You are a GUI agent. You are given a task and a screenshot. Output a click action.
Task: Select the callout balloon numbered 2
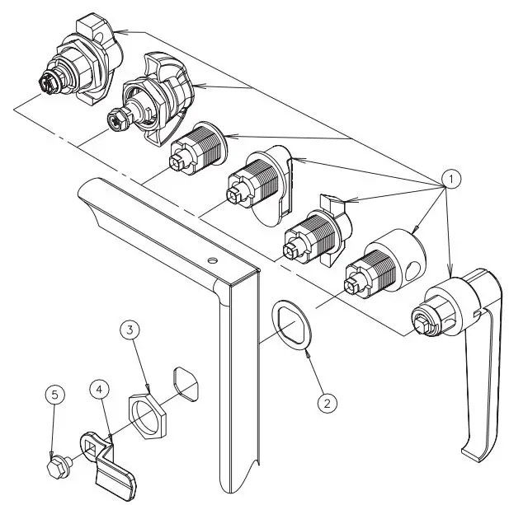click(327, 402)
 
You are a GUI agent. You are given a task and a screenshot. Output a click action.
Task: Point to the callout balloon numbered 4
click(98, 386)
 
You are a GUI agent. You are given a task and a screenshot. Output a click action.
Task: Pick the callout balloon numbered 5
click(54, 395)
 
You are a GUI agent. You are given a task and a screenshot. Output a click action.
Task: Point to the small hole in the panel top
click(214, 260)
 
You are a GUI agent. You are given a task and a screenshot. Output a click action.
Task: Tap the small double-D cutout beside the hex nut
click(186, 384)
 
